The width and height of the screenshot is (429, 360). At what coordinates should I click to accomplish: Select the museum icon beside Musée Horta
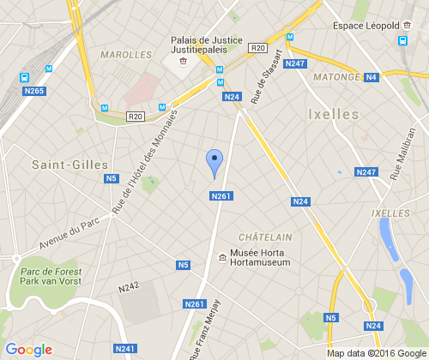point(223,257)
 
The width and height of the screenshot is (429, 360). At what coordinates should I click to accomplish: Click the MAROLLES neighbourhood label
point(125,54)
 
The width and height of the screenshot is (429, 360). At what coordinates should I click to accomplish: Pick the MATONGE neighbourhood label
point(335,77)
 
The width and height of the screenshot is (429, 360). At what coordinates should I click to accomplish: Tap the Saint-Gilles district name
point(69,164)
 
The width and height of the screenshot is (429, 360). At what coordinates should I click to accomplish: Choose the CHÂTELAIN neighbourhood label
point(265,237)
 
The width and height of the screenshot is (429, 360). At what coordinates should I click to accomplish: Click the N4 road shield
point(372,77)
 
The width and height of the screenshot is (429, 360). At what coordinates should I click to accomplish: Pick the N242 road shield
point(129,286)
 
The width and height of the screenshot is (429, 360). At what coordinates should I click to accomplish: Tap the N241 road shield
point(124,348)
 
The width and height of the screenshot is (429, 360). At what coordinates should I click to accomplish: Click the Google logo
point(28,350)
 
